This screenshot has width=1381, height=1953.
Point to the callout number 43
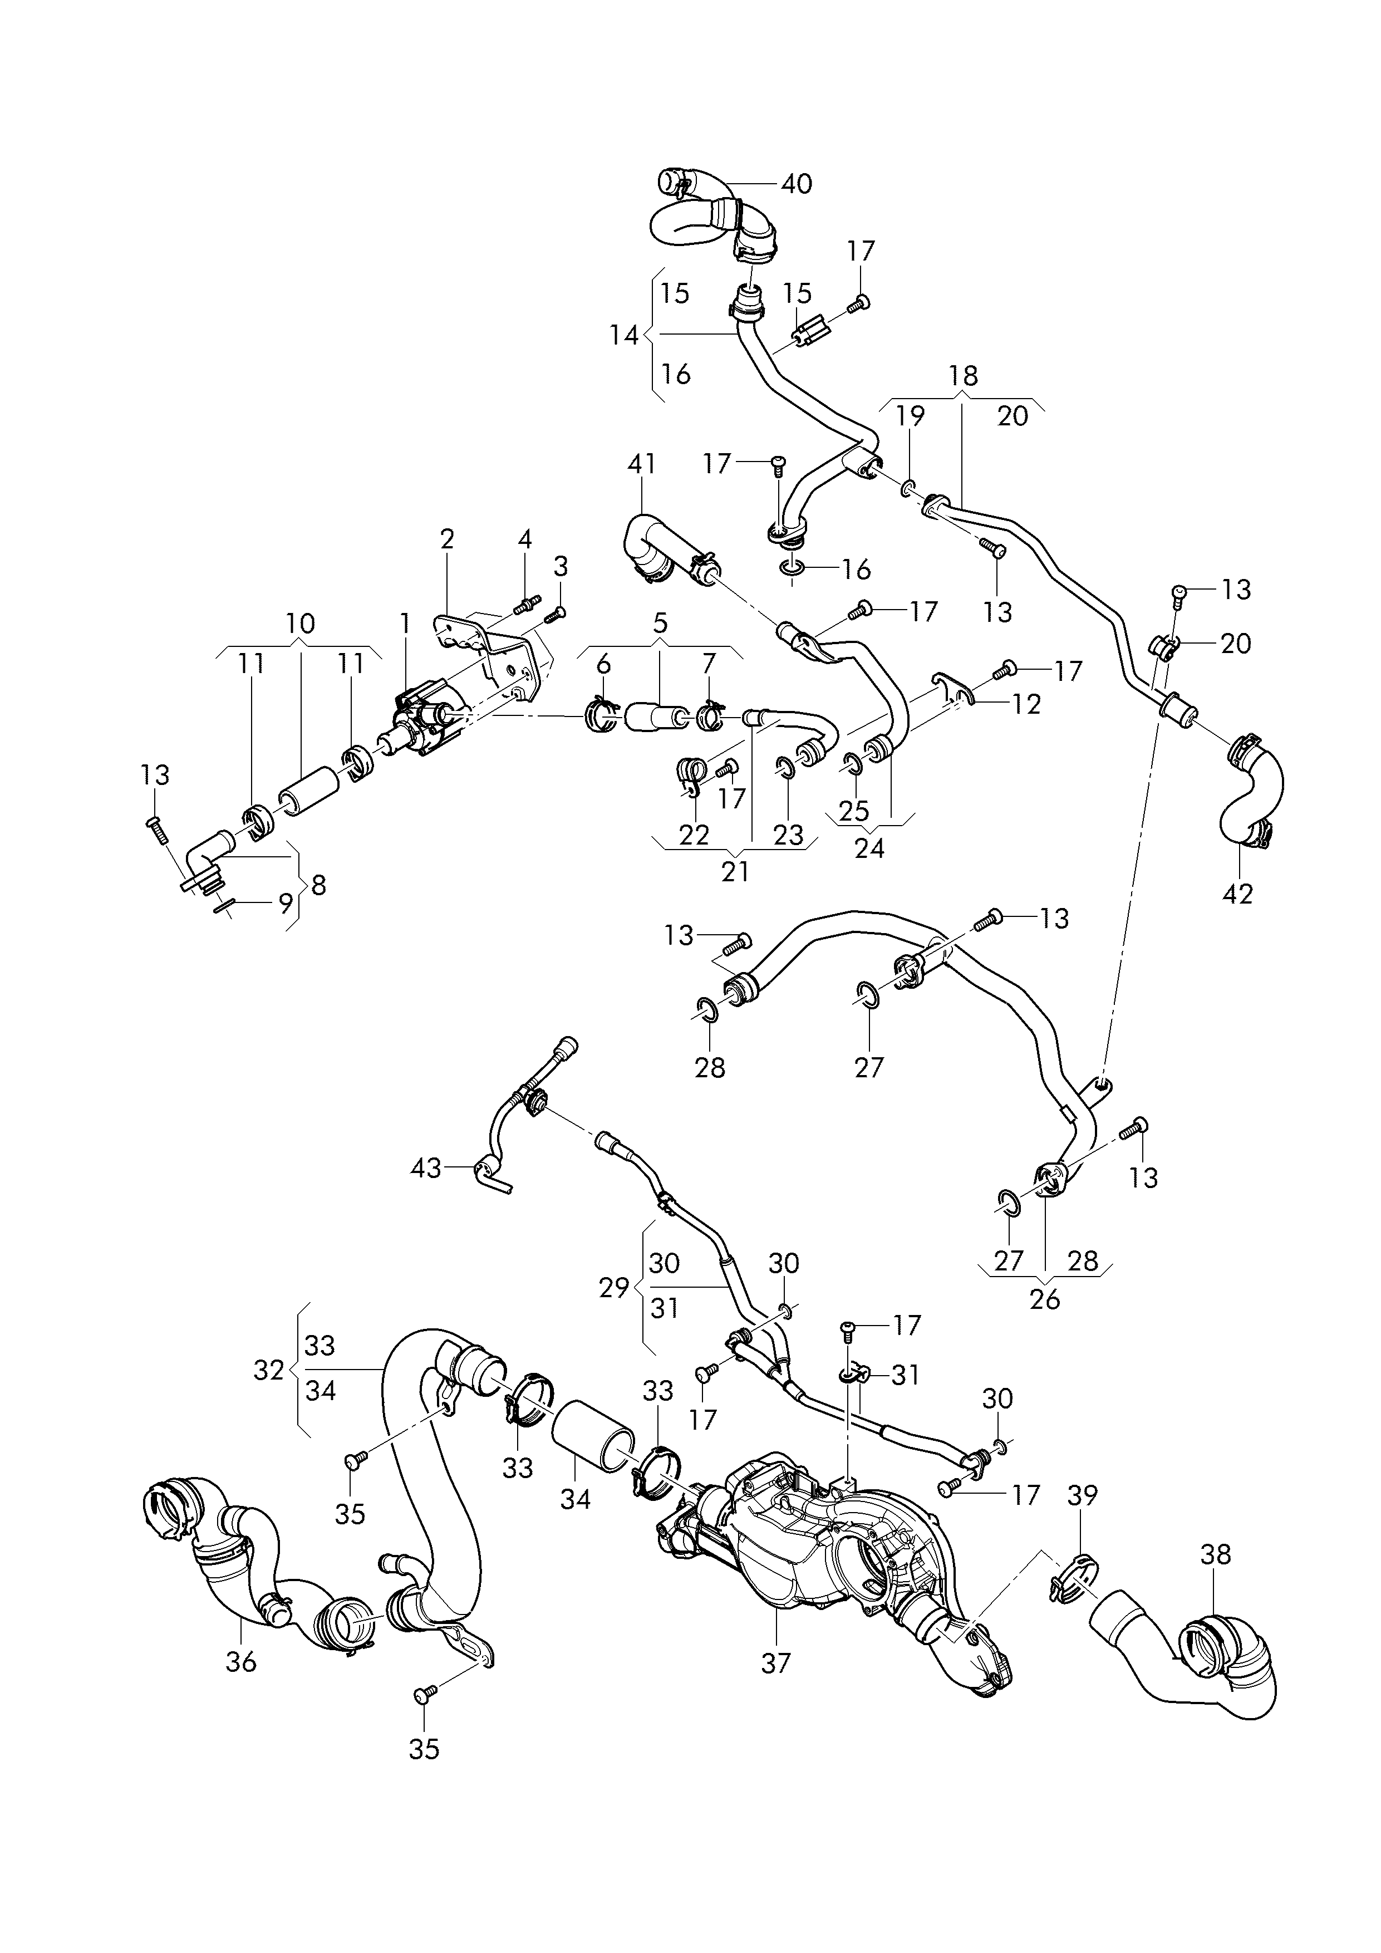(x=426, y=1168)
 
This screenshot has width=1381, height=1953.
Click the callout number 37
(x=775, y=1662)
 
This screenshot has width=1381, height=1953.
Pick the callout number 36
(x=242, y=1660)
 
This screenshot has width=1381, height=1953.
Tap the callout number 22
(x=694, y=835)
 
